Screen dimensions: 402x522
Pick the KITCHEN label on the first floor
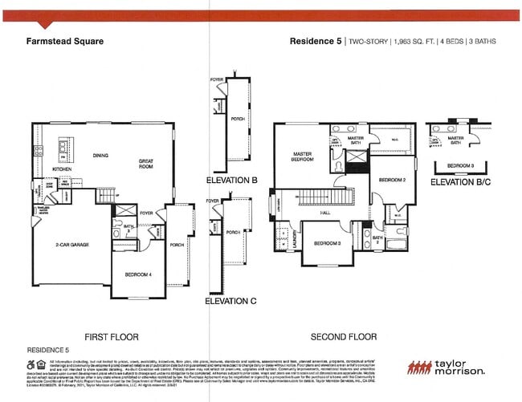point(63,170)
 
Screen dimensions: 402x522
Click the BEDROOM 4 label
point(138,275)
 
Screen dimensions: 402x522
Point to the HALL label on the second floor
point(325,213)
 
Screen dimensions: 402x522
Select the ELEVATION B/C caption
point(460,182)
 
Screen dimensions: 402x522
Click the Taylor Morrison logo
point(447,367)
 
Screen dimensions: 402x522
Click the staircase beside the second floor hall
point(325,197)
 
